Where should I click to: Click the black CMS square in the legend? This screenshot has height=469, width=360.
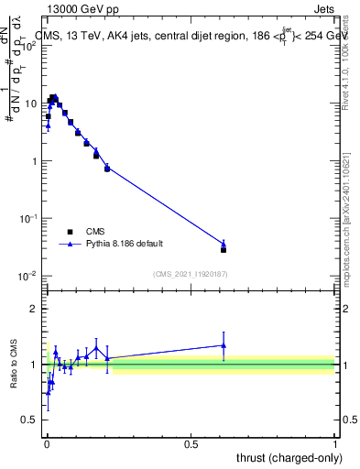click(70, 232)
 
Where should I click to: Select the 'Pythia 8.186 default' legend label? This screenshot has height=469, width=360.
click(125, 245)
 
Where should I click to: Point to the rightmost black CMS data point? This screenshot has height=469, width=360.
click(224, 249)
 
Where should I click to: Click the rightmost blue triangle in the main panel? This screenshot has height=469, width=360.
click(224, 244)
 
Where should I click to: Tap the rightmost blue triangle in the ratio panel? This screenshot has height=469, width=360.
click(224, 345)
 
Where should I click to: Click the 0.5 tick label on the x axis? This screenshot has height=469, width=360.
click(191, 444)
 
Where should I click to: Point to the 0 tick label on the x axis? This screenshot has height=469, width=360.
click(46, 444)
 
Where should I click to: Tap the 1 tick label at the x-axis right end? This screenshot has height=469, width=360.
click(335, 444)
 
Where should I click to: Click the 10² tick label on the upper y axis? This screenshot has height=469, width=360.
click(29, 47)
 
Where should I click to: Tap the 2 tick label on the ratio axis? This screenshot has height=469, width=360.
click(34, 309)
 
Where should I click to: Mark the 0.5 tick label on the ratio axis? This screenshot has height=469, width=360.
click(30, 420)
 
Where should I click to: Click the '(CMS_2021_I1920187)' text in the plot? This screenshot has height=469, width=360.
click(190, 273)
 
